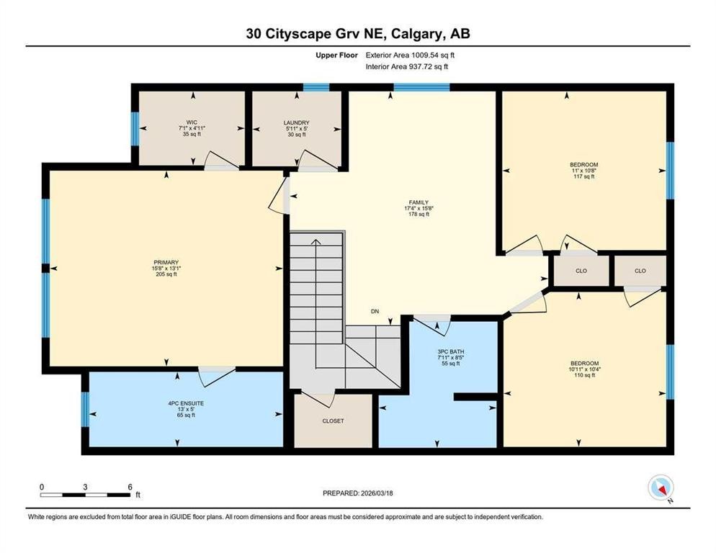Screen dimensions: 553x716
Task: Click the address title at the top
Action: [x=357, y=33]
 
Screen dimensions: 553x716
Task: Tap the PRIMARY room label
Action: [x=165, y=262]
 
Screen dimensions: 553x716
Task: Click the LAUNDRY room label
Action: [x=296, y=122]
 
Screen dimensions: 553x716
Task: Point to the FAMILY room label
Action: [x=418, y=202]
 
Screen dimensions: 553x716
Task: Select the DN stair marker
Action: [x=375, y=312]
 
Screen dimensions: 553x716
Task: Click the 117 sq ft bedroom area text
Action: [x=583, y=176]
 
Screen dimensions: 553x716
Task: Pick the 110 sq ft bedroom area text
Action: [x=583, y=375]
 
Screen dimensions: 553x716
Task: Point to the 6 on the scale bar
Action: [x=130, y=487]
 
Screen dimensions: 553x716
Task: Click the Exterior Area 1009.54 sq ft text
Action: [x=411, y=55]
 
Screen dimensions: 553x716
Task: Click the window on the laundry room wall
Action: [x=316, y=88]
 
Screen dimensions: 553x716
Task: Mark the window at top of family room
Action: [x=421, y=88]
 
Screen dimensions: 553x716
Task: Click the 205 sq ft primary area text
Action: [x=165, y=274]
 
